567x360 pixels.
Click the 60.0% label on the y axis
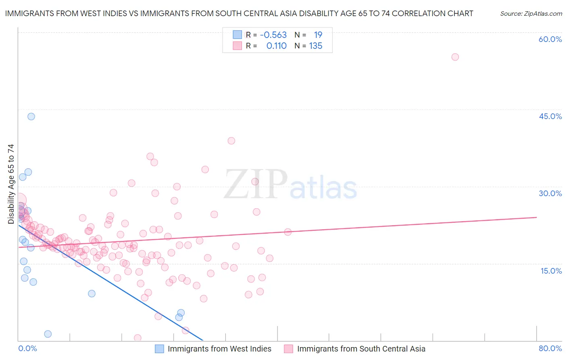click(550, 39)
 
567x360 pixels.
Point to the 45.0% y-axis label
click(550, 116)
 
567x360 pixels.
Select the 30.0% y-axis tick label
click(550, 193)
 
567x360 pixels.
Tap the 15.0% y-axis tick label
click(551, 271)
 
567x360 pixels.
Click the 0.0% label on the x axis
click(27, 348)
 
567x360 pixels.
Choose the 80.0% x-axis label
click(550, 348)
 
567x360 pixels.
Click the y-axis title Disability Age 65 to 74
click(11, 184)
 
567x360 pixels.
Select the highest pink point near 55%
click(455, 57)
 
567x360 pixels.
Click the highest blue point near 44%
click(31, 117)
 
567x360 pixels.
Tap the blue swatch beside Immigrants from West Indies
click(160, 349)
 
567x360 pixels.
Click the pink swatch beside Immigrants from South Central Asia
click(288, 349)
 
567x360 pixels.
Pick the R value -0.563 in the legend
click(273, 35)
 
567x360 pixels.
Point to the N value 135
click(315, 46)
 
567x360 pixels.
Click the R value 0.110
click(276, 46)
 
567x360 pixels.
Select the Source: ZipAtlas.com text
click(531, 14)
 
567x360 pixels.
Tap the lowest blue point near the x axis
click(48, 334)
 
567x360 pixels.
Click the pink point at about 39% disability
click(231, 141)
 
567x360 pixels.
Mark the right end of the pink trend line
click(536, 217)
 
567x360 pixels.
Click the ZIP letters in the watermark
click(256, 185)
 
